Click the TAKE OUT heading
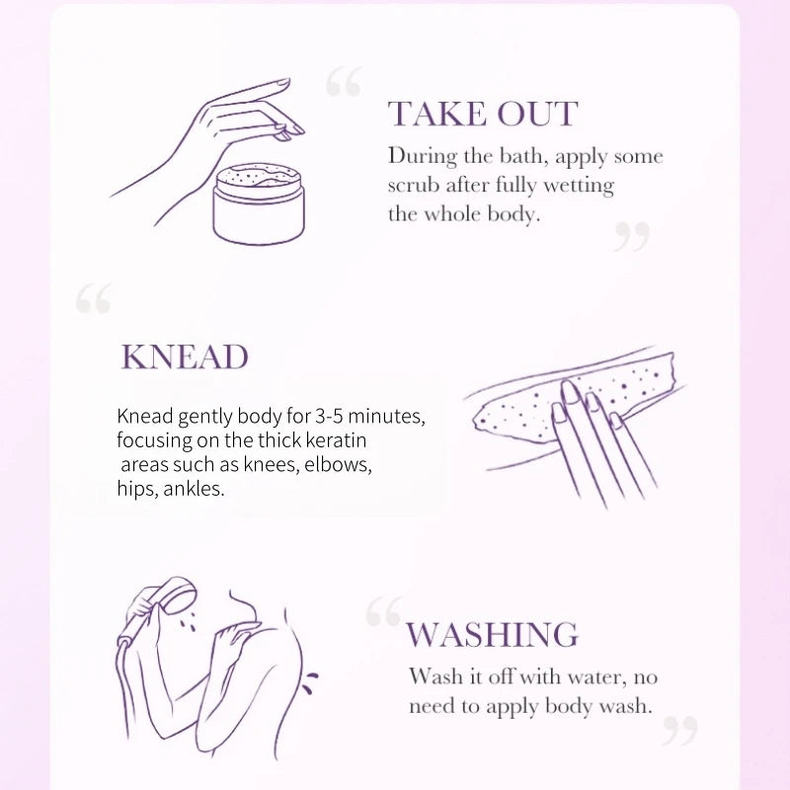[483, 114]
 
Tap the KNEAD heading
[185, 357]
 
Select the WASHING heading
[492, 634]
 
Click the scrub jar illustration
[259, 203]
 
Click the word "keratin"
[337, 440]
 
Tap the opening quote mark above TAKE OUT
[343, 81]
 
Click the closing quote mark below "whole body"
[631, 236]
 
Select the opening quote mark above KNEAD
[94, 298]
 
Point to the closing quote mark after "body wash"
[680, 731]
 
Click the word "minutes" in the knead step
[386, 417]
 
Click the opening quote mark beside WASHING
[384, 611]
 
